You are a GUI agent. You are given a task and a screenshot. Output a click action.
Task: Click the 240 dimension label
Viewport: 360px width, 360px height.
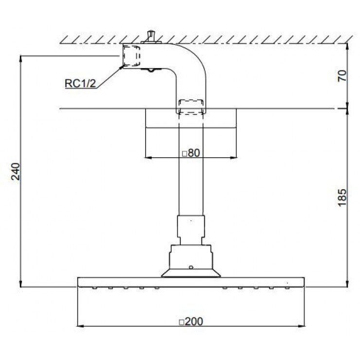(17, 171)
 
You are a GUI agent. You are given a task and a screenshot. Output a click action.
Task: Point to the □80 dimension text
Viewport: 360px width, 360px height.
(191, 152)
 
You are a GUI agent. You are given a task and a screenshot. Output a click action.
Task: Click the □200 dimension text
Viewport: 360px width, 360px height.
(191, 321)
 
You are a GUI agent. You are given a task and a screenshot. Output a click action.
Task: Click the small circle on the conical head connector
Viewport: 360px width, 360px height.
(191, 267)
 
